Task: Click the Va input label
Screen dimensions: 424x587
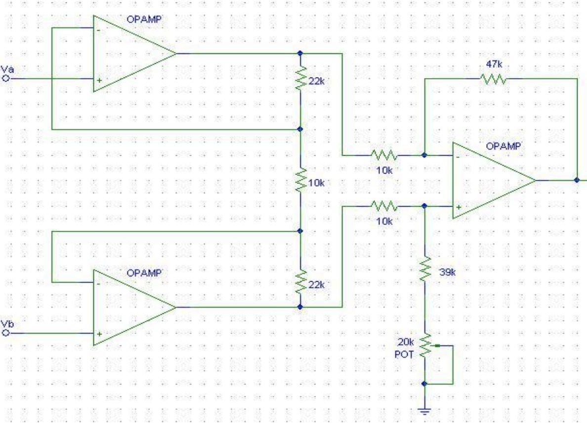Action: pyautogui.click(x=8, y=70)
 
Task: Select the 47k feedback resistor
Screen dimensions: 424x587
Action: pyautogui.click(x=492, y=78)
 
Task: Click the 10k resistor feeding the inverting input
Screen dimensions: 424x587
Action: pyautogui.click(x=383, y=155)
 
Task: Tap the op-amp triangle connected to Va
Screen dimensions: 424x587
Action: pyautogui.click(x=128, y=54)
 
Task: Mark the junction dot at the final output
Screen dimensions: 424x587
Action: pyautogui.click(x=577, y=180)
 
